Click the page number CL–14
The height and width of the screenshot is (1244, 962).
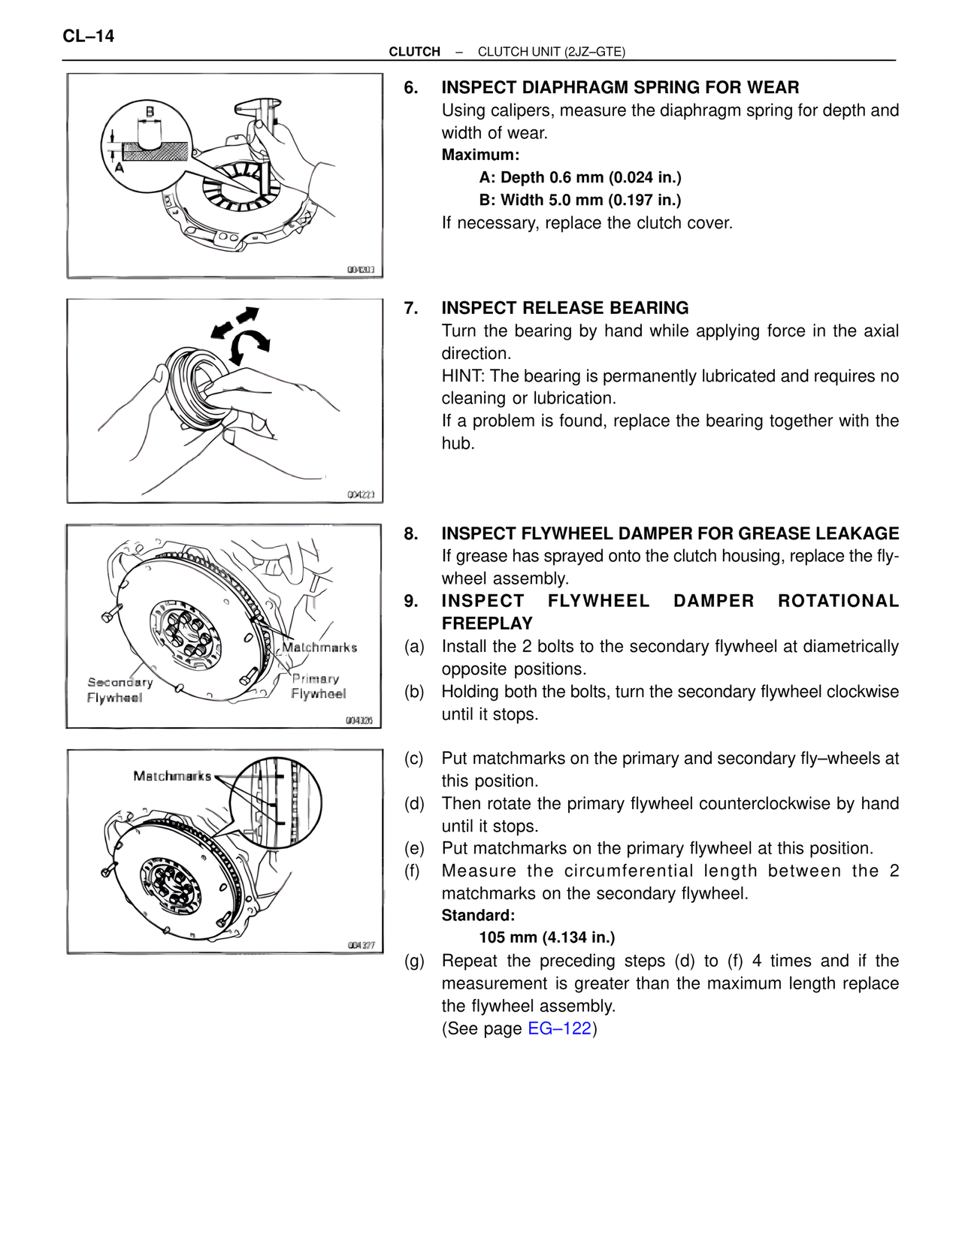coord(89,36)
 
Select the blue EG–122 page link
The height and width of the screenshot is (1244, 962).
coord(559,1028)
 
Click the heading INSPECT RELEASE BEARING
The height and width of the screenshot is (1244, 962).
coord(564,308)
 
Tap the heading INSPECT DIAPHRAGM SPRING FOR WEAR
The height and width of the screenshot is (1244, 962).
coord(620,87)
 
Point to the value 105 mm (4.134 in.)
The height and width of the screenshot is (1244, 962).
coord(546,938)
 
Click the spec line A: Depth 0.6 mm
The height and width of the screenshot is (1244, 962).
coord(579,177)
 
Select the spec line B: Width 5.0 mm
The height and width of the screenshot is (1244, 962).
coord(579,200)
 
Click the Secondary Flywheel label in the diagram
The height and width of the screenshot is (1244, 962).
coord(119,690)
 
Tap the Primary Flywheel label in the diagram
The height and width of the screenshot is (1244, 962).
coord(318,686)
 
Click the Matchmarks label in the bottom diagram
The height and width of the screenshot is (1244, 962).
coord(172,776)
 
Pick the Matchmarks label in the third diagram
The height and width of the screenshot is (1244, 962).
coord(319,648)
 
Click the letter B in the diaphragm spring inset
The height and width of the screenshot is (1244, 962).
coord(150,112)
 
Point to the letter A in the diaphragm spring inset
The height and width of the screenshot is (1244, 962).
coord(119,168)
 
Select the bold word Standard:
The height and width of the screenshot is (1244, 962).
coord(478,915)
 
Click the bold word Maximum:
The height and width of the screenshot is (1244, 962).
coord(480,155)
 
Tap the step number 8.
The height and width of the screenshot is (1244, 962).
coord(410,533)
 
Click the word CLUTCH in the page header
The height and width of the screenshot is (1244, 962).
coord(414,52)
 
